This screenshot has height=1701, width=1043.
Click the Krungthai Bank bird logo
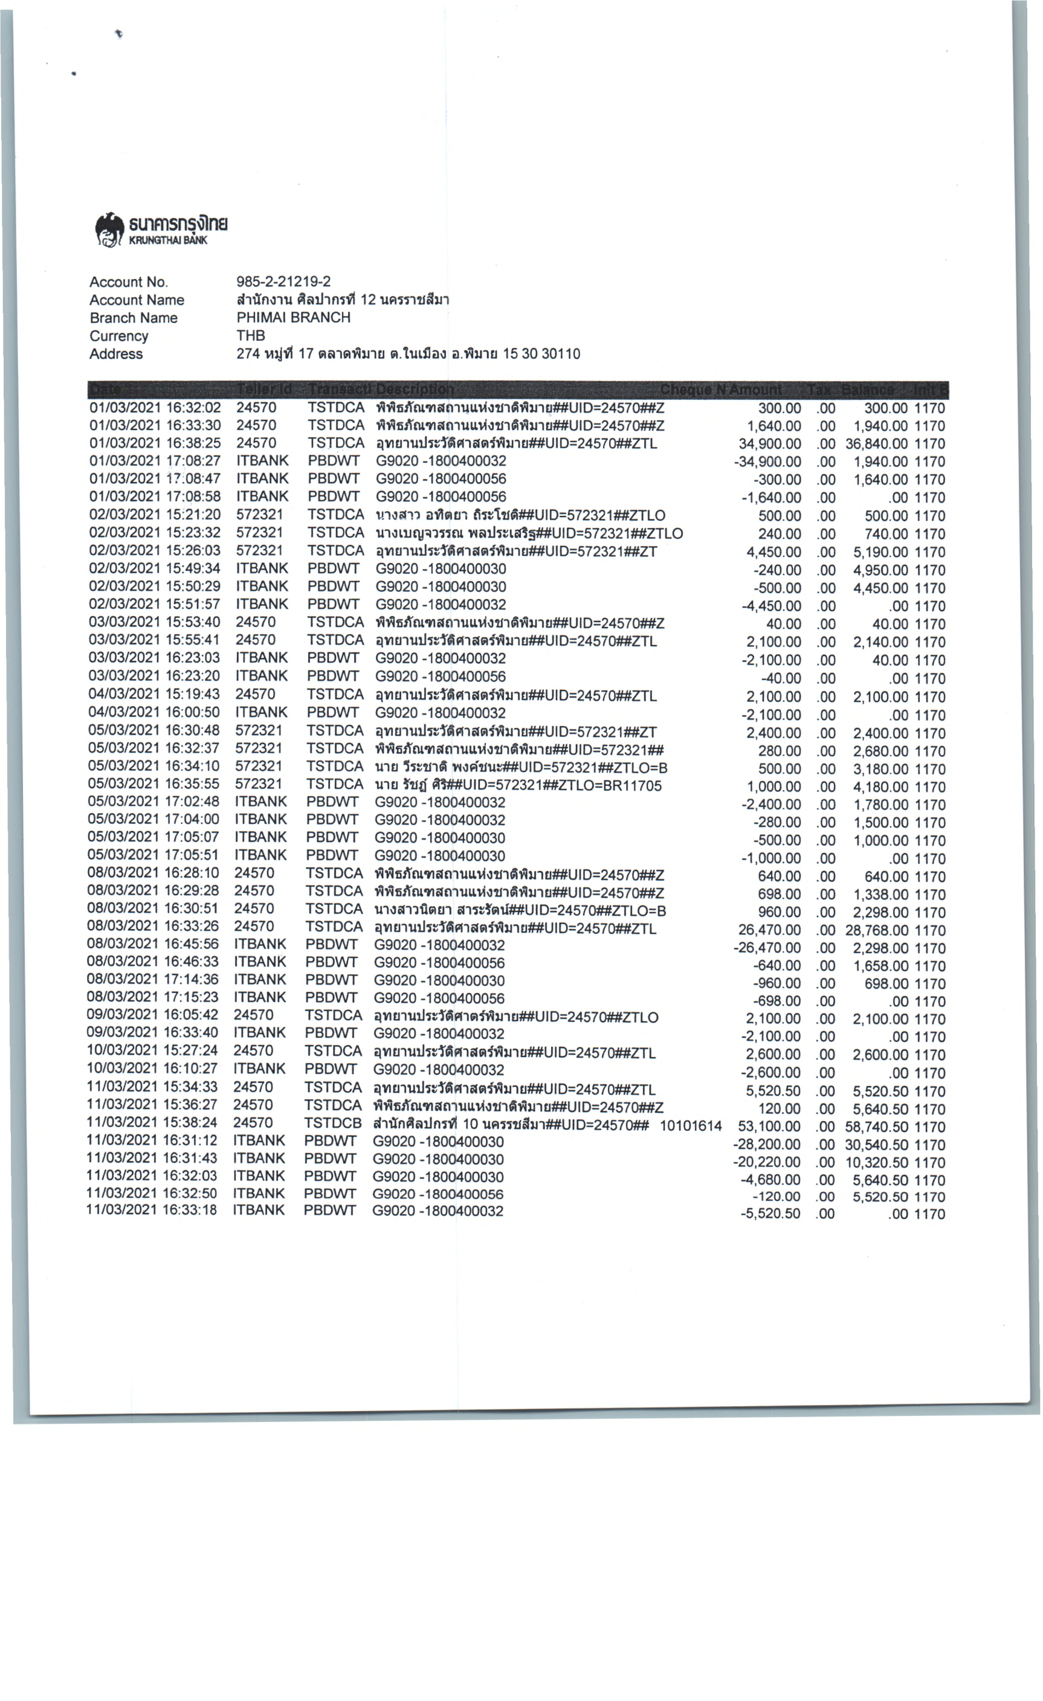(109, 228)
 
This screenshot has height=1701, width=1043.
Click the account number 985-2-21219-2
(283, 281)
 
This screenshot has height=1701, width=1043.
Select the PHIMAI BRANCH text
(293, 318)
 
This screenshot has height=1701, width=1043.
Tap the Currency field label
(119, 336)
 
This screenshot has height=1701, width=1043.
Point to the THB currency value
(251, 335)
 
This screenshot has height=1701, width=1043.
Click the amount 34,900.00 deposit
(769, 444)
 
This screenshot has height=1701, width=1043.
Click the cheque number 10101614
(691, 1126)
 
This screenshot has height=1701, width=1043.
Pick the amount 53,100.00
(769, 1127)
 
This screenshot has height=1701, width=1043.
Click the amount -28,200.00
(766, 1145)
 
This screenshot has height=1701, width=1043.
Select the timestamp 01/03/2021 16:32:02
(155, 408)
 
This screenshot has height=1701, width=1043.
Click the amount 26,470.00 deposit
(769, 930)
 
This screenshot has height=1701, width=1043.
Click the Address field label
(116, 354)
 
